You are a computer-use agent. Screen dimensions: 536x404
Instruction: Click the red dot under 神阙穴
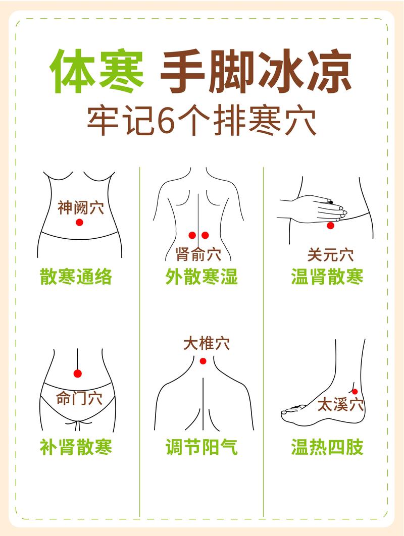pyautogui.click(x=79, y=223)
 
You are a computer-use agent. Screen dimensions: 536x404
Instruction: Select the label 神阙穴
pyautogui.click(x=80, y=207)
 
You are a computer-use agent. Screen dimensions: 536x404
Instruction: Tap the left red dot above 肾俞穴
pyautogui.click(x=192, y=235)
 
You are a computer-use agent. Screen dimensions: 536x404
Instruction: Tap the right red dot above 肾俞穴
pyautogui.click(x=205, y=235)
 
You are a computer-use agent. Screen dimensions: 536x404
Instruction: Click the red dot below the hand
pyautogui.click(x=330, y=226)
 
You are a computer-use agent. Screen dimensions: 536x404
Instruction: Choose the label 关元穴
pyautogui.click(x=330, y=255)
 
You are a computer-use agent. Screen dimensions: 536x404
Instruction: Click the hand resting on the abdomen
pyautogui.click(x=316, y=207)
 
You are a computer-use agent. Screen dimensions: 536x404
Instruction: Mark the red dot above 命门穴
pyautogui.click(x=77, y=373)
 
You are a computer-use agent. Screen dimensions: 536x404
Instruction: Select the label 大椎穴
pyautogui.click(x=206, y=344)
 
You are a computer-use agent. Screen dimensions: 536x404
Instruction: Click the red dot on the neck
pyautogui.click(x=203, y=361)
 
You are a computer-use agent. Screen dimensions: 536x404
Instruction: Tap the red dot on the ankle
pyautogui.click(x=355, y=392)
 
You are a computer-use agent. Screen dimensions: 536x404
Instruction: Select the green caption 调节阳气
pyautogui.click(x=201, y=447)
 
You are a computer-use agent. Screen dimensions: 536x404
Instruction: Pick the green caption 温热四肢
pyautogui.click(x=327, y=447)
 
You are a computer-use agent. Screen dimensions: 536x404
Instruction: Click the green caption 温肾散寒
pyautogui.click(x=327, y=277)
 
